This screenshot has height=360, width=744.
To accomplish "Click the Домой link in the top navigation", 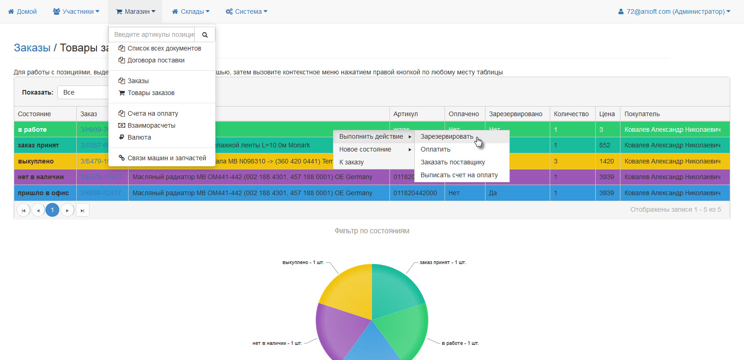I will [23, 11].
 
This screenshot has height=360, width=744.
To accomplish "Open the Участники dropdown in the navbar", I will [76, 11].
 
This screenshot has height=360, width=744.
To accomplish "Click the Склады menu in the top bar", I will [191, 11].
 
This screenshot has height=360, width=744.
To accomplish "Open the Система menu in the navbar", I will [247, 11].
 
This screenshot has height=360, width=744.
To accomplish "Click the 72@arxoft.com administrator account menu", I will [674, 11].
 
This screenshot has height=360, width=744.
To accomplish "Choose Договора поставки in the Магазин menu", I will [156, 60].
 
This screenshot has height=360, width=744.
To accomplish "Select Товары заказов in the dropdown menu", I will [151, 93].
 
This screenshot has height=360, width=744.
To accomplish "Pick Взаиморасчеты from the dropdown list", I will [151, 125].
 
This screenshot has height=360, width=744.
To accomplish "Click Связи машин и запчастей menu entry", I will [166, 158].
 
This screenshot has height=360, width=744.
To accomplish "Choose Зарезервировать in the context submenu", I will [446, 136].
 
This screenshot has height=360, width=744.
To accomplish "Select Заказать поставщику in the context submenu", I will [452, 162].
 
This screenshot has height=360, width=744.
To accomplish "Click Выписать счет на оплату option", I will [459, 175].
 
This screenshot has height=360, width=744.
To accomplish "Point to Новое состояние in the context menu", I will [365, 149].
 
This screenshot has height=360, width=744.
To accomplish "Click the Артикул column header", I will [406, 114].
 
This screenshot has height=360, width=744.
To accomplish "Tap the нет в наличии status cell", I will [41, 177].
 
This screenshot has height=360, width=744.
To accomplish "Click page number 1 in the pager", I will [52, 210].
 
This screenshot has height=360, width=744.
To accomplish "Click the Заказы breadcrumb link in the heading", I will [32, 48].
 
